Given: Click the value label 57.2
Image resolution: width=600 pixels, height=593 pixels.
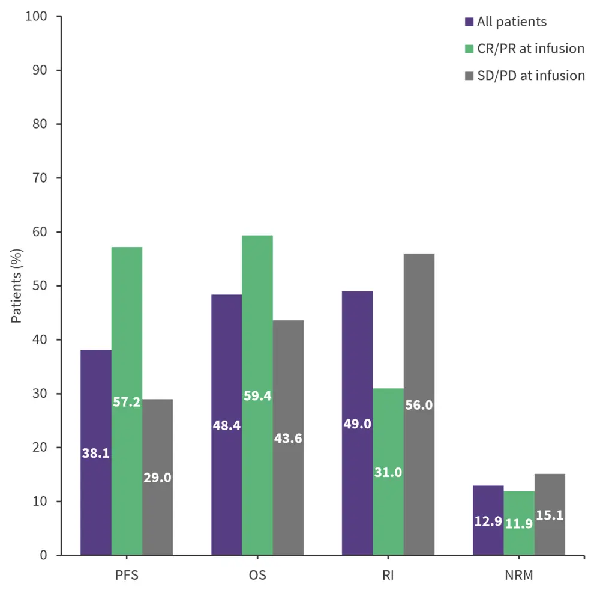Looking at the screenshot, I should coord(127,402).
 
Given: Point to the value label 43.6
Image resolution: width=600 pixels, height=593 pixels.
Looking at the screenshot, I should coord(288,438).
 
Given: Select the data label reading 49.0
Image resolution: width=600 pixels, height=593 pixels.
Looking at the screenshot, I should coord(357,424).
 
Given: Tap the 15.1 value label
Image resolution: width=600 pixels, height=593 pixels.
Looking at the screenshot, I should coord(550,515).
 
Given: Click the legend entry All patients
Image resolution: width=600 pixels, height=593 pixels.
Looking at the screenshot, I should coord(512,22).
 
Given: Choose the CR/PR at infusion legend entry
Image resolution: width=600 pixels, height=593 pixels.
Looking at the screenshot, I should coord(530,49).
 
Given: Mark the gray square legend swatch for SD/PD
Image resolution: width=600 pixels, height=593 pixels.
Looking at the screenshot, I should coord(470,76).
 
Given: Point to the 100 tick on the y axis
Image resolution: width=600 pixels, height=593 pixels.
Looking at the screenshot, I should coord(36,16).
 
